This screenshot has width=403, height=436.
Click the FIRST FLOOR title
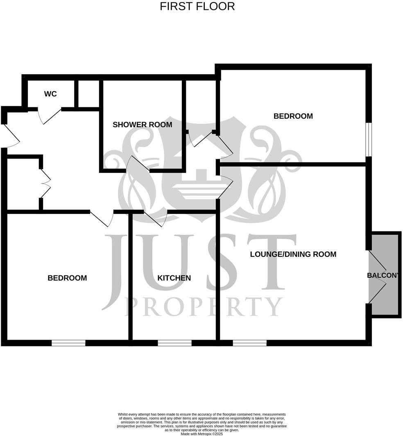[x=197, y=7]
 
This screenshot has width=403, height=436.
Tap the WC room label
[x=50, y=94]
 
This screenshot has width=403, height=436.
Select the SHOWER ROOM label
[x=142, y=125]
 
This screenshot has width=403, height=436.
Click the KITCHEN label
[x=174, y=278]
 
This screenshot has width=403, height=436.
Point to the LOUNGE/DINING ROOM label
[x=293, y=254]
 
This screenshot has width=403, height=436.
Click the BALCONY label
[x=383, y=275]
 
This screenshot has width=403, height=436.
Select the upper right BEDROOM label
[x=293, y=116]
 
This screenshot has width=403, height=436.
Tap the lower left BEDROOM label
[x=67, y=278]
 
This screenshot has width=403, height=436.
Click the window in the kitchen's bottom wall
[x=174, y=343]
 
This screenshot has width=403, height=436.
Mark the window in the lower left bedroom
[x=68, y=343]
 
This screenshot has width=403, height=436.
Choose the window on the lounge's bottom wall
[x=249, y=343]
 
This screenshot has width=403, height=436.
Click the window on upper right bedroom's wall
[x=368, y=139]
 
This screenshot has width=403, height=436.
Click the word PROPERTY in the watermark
[x=204, y=307]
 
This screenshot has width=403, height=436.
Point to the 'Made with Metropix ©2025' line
[x=201, y=434]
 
